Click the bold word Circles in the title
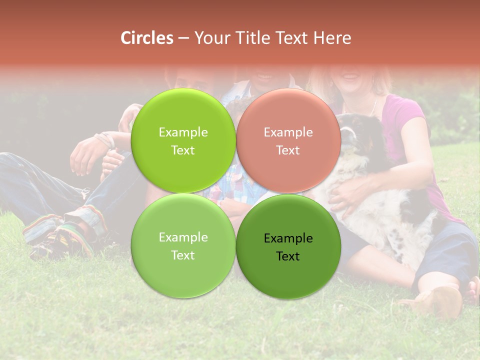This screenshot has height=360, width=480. tap(146, 38)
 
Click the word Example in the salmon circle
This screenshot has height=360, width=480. tap(288, 132)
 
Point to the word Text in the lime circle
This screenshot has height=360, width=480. tap(183, 150)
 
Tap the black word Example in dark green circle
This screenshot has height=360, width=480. tap(288, 238)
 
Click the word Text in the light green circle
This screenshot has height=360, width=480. tap(183, 255)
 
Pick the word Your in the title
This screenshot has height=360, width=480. tap(211, 38)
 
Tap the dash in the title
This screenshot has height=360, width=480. tap(183, 38)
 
